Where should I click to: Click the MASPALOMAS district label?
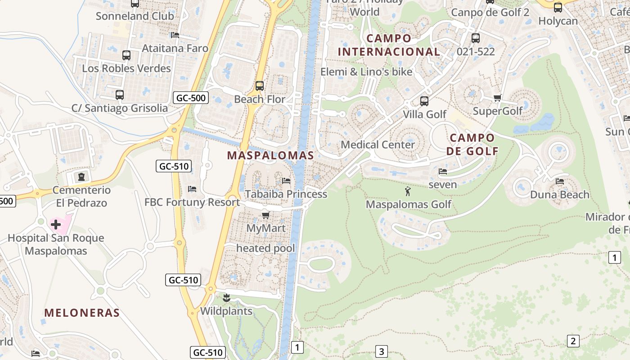click(270, 156)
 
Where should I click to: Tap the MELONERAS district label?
click(82, 313)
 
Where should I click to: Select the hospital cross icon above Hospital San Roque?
click(56, 224)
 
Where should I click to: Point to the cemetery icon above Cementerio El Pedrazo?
click(81, 177)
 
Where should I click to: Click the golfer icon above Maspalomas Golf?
click(408, 191)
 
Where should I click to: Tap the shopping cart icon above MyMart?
click(265, 216)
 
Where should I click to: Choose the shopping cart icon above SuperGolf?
click(497, 98)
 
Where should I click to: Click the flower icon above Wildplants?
click(226, 297)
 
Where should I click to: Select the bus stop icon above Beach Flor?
click(259, 85)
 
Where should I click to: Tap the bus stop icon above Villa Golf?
click(424, 101)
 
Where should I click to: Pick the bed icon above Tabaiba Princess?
click(286, 181)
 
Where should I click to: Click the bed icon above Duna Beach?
click(560, 181)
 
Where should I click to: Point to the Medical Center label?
click(378, 145)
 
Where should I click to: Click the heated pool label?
click(265, 248)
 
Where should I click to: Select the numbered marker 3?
click(381, 351)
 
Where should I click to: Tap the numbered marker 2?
click(572, 341)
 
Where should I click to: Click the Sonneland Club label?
click(135, 16)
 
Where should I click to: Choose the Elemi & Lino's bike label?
click(366, 72)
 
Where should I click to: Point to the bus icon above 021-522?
click(475, 38)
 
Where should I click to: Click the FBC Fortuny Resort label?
click(192, 202)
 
